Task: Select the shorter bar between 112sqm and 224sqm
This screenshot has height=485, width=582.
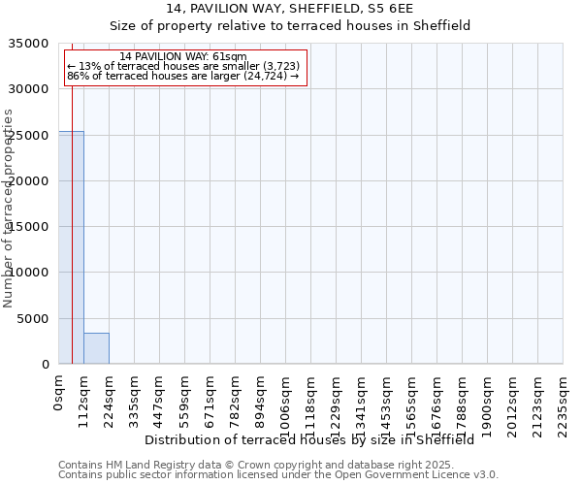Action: pyautogui.click(x=96, y=348)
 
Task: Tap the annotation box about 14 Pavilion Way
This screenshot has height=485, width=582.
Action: pyautogui.click(x=184, y=68)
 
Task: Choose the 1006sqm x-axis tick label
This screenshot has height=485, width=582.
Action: pyautogui.click(x=286, y=404)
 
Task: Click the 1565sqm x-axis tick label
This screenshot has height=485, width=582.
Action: pyautogui.click(x=412, y=404)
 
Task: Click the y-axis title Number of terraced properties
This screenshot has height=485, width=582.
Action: pyautogui.click(x=9, y=208)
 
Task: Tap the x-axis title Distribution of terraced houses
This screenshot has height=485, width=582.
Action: pyautogui.click(x=308, y=439)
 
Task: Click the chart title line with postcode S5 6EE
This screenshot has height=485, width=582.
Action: pyautogui.click(x=289, y=8)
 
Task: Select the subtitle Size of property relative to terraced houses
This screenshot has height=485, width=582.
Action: pyautogui.click(x=289, y=25)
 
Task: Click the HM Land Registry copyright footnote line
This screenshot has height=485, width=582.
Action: pyautogui.click(x=276, y=465)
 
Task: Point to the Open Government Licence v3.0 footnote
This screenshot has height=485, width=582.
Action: pyautogui.click(x=278, y=475)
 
